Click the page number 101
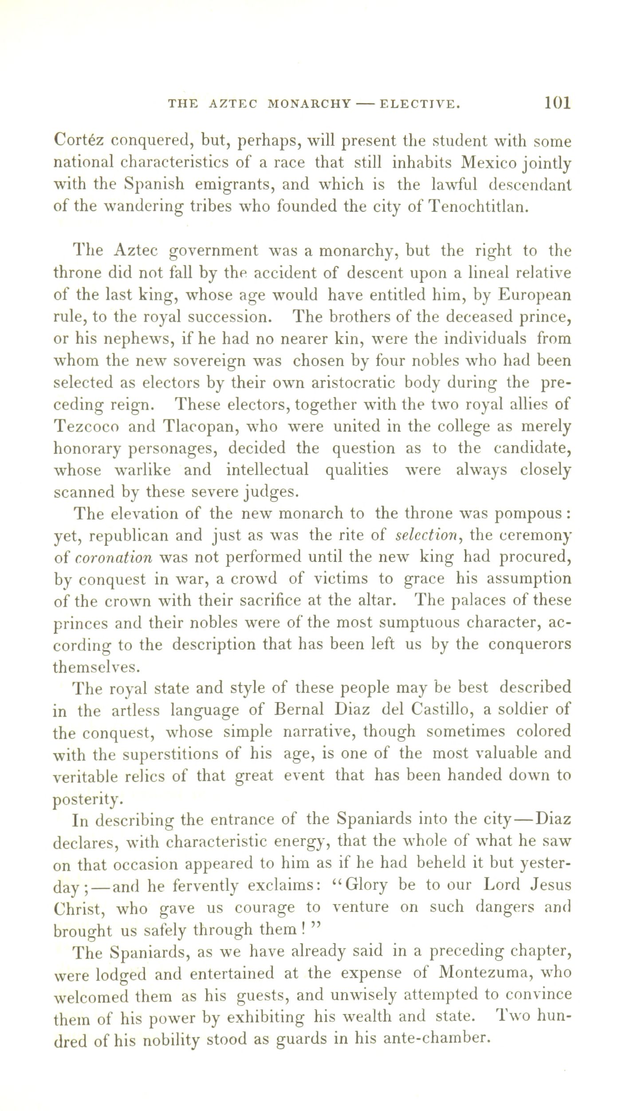(x=557, y=103)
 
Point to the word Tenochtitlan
(x=480, y=207)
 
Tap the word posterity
(x=86, y=799)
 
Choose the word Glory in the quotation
(x=359, y=885)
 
